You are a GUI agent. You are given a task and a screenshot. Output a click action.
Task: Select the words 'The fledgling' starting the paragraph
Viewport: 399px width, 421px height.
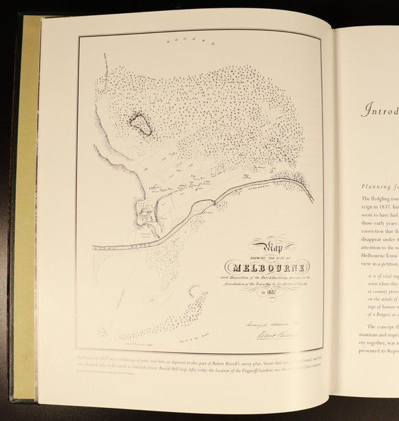coord(378,199)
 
